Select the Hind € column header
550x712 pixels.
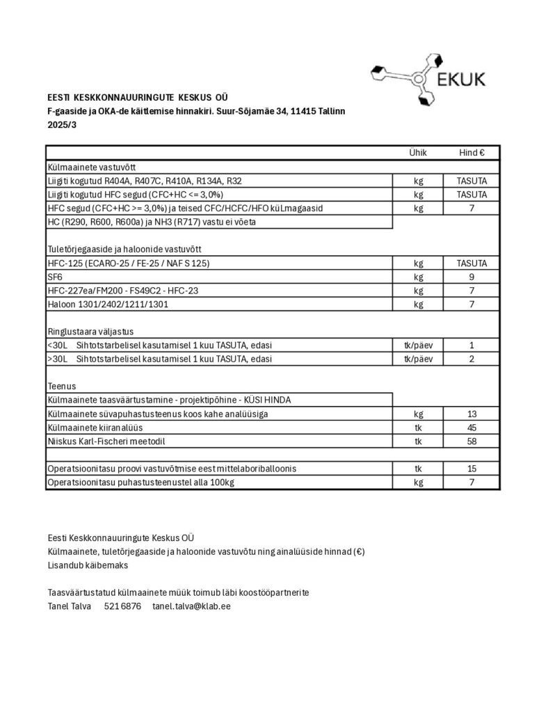pyautogui.click(x=471, y=154)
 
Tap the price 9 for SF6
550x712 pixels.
pyautogui.click(x=471, y=277)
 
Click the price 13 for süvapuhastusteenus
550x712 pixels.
pyautogui.click(x=471, y=414)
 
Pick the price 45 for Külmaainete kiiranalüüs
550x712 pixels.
pyautogui.click(x=471, y=428)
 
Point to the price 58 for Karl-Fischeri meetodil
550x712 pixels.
pyautogui.click(x=471, y=442)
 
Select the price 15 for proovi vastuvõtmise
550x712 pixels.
pyautogui.click(x=471, y=469)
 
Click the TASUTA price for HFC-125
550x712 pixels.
pyautogui.click(x=471, y=264)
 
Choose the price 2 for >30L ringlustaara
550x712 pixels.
pyautogui.click(x=471, y=359)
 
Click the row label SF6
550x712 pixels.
pyautogui.click(x=55, y=277)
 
